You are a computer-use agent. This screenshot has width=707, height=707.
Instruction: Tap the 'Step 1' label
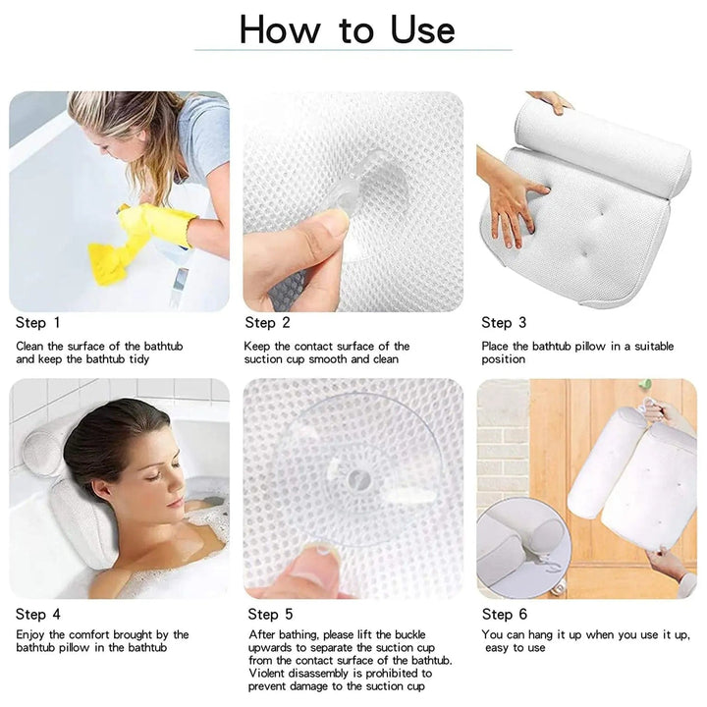coord(37,323)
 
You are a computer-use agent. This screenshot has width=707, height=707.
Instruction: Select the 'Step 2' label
coord(267,323)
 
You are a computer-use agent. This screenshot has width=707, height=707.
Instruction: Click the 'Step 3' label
coord(504,323)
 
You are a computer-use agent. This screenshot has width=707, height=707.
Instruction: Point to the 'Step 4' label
coord(37,614)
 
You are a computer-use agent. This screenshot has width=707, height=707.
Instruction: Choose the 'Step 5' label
coord(270,615)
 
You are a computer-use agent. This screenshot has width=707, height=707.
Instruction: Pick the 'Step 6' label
coord(504,615)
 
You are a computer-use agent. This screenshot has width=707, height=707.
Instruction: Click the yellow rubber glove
coord(162,223)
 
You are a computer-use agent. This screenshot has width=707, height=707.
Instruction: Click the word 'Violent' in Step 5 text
coord(269,674)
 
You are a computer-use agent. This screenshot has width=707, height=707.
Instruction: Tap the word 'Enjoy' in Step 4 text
coord(32,635)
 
